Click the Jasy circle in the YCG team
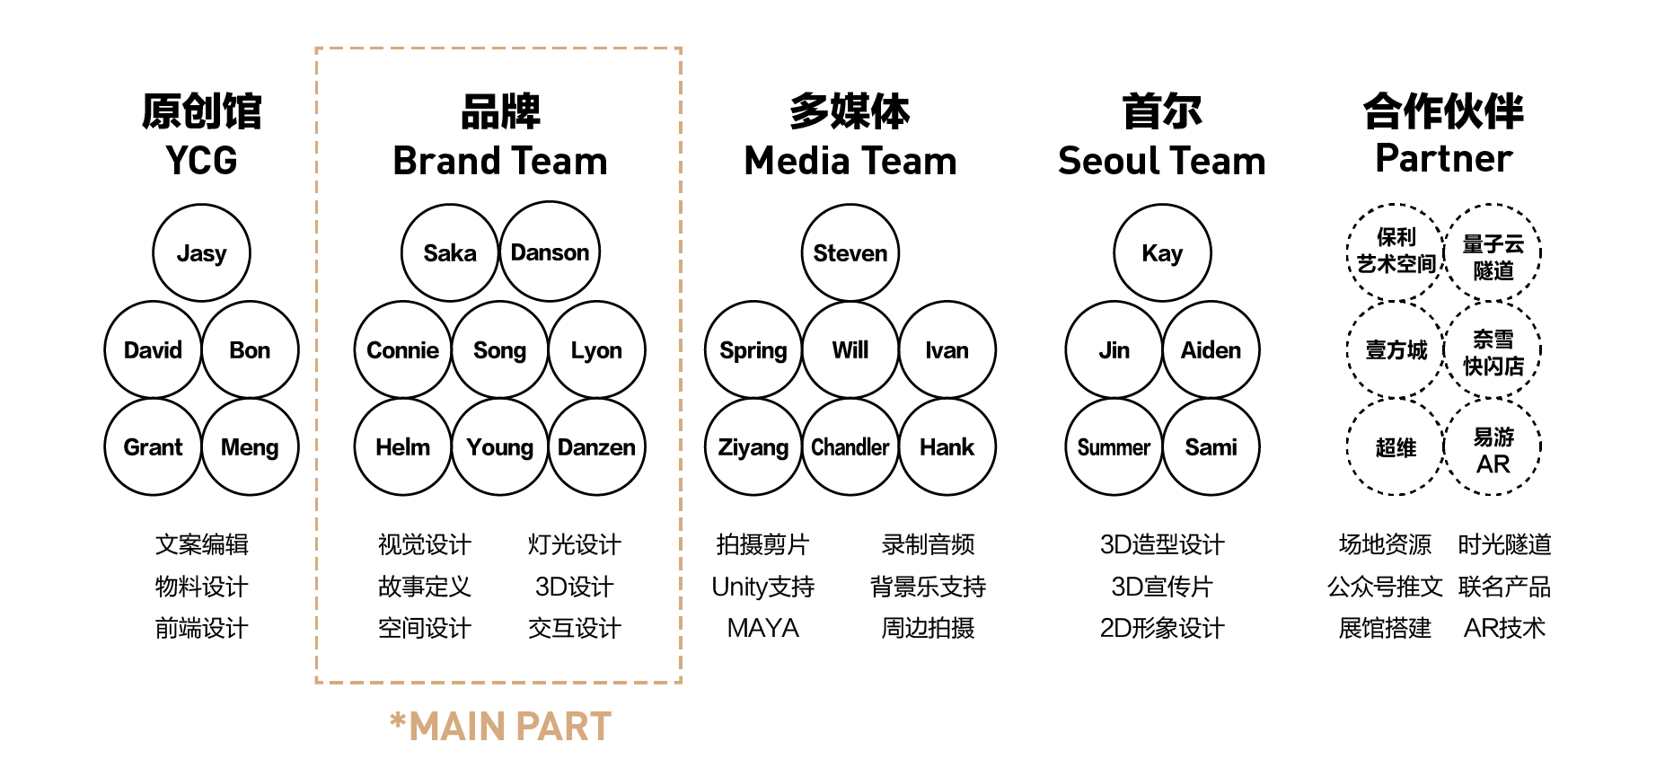tap(202, 253)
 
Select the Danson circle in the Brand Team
tap(550, 252)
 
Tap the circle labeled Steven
tap(850, 253)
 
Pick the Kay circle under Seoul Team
tap(1162, 253)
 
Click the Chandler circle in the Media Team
tap(850, 447)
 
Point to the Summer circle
tap(1114, 447)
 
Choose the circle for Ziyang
tap(753, 447)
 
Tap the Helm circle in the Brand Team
tap(402, 447)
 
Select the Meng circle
tap(250, 447)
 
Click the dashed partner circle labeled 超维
tap(1396, 447)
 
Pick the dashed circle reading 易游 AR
tap(1493, 449)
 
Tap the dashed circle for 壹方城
tap(1396, 350)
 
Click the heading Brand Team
tap(500, 162)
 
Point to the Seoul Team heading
tap(1161, 162)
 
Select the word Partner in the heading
tap(1443, 159)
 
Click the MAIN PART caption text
tap(501, 727)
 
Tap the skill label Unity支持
tap(762, 587)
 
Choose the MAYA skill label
tap(762, 629)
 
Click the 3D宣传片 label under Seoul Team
tap(1162, 587)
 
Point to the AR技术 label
tap(1504, 629)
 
